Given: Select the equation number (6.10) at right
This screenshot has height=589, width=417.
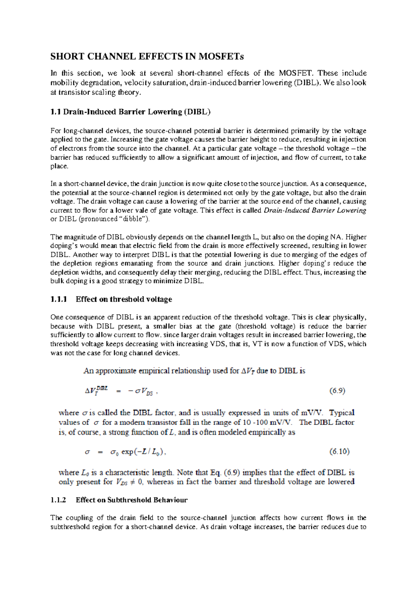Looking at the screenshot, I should click(339, 451).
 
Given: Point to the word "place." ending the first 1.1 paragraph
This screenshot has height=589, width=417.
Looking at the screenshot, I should click(59, 166).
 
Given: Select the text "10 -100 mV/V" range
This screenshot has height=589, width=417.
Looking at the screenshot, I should click(273, 423).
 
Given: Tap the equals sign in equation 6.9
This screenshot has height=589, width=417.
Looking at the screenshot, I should click(118, 391).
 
